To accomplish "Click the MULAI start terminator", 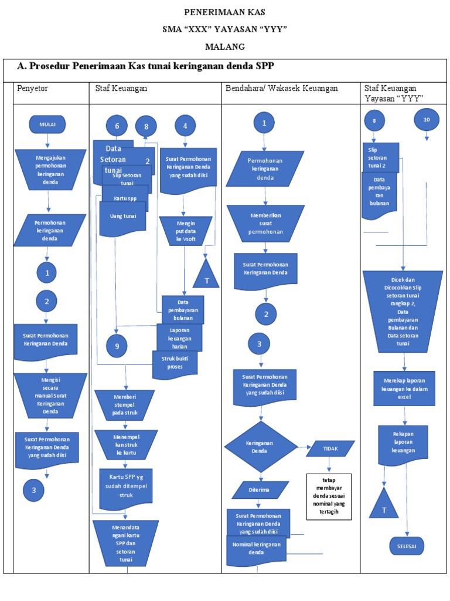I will (x=47, y=124).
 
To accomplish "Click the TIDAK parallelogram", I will (x=330, y=448).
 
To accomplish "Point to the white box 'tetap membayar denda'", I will (x=328, y=497).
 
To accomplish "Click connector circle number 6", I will (x=117, y=126).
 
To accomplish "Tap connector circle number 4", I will (x=185, y=126).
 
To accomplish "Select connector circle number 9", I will (x=117, y=346).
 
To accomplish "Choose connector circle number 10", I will (x=426, y=120).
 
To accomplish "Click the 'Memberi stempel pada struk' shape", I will (x=124, y=404).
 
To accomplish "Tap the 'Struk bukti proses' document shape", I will (x=175, y=363).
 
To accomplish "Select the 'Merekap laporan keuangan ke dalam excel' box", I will (x=404, y=388).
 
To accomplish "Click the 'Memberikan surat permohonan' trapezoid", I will (x=265, y=223).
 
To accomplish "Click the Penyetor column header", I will (x=33, y=88).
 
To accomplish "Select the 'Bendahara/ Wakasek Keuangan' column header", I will (x=282, y=88).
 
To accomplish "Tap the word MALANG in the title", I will (x=225, y=46).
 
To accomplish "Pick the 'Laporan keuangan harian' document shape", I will (x=179, y=337).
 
